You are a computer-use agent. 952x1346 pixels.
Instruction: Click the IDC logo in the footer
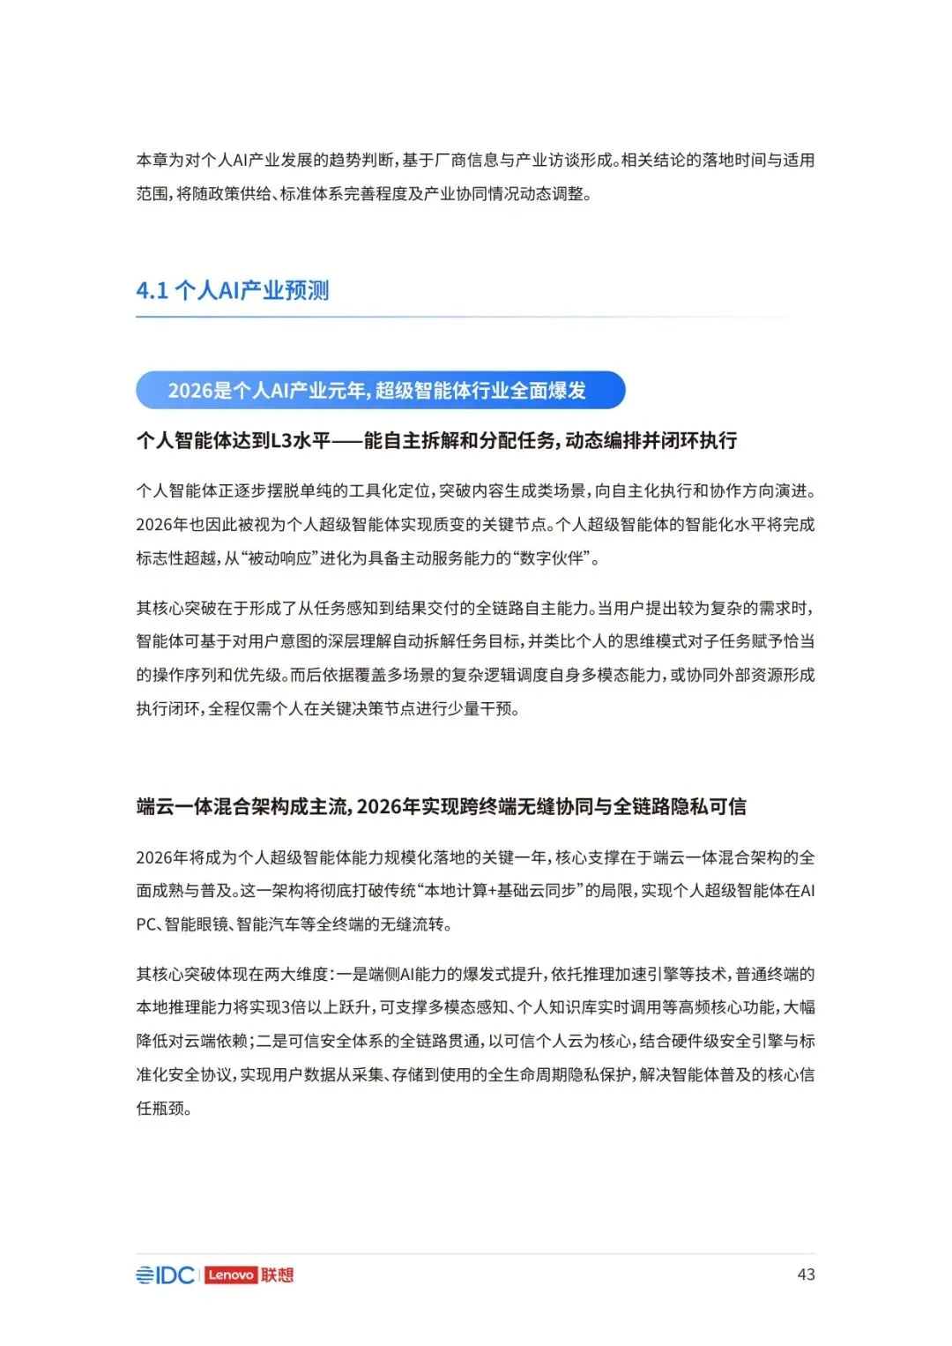tap(165, 1275)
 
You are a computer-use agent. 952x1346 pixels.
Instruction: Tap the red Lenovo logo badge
tap(230, 1275)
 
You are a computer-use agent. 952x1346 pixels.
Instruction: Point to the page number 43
tap(806, 1275)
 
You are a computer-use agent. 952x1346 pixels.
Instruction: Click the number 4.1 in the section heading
tap(152, 290)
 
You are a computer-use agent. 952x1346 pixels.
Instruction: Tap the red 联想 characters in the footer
tap(277, 1275)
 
